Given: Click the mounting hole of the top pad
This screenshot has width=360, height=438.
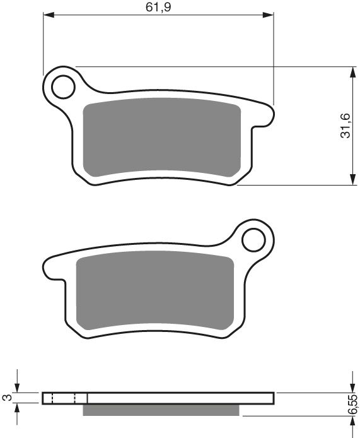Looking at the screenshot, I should click(x=63, y=86).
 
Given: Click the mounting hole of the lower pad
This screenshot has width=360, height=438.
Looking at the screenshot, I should click(x=254, y=240).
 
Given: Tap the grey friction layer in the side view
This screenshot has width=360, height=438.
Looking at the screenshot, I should click(x=161, y=410).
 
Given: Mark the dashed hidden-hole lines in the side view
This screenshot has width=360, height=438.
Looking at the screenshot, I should click(x=63, y=398).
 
